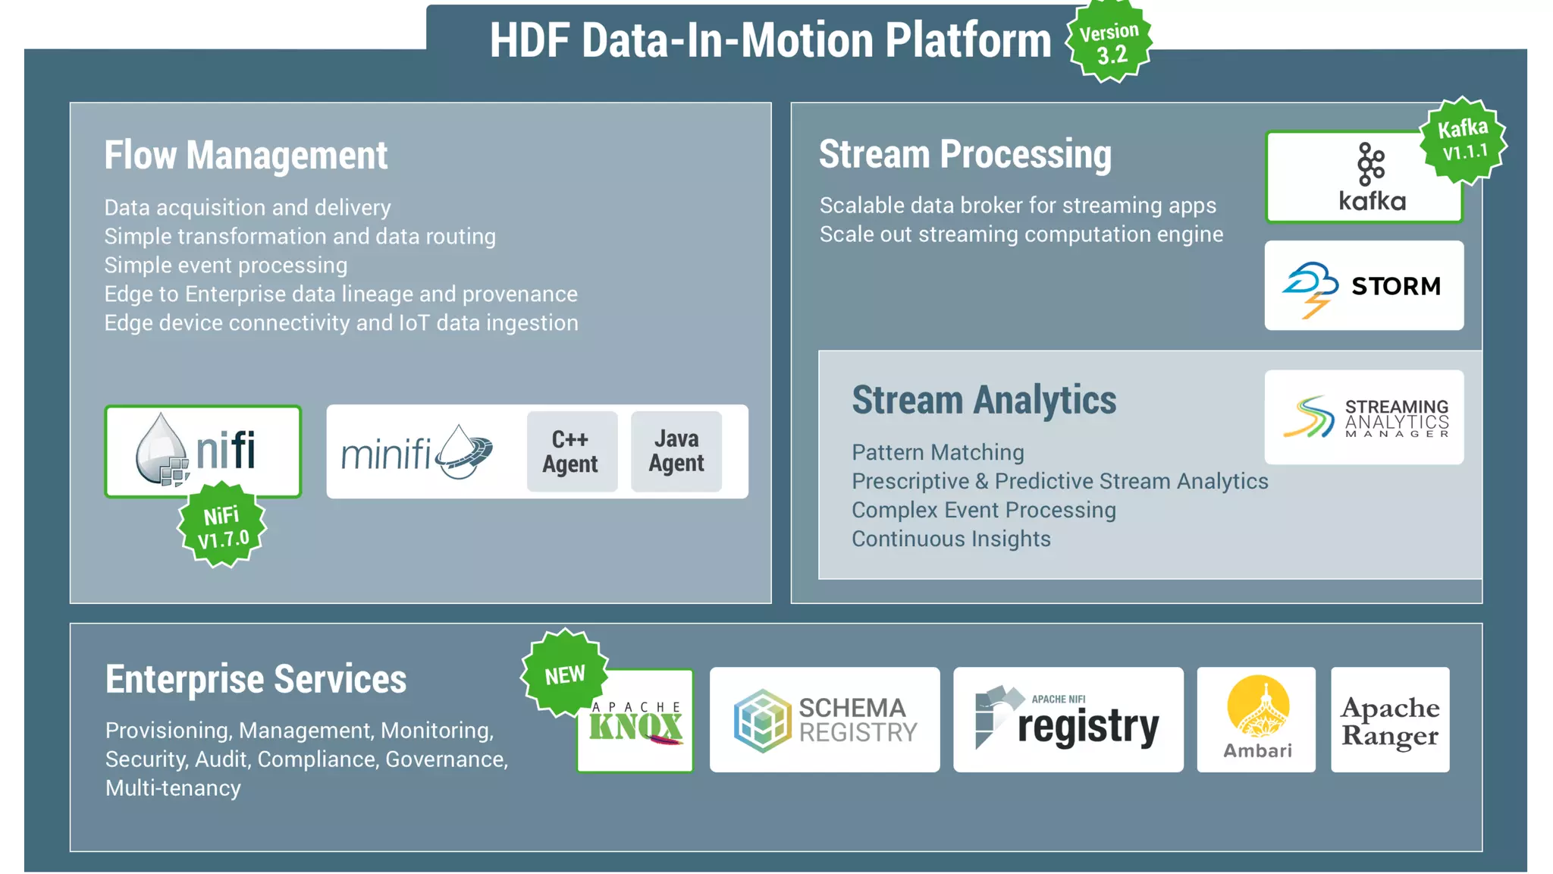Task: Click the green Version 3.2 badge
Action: (x=1109, y=42)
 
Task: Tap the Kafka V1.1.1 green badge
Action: (x=1463, y=141)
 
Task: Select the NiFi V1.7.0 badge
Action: (x=222, y=526)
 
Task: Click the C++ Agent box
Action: (x=571, y=451)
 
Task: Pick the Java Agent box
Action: (x=676, y=451)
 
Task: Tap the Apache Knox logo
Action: (x=635, y=723)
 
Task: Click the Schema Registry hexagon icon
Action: (x=761, y=720)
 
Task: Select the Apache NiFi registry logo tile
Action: (x=1068, y=720)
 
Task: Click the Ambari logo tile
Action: (x=1256, y=720)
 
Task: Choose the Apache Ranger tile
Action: (x=1389, y=720)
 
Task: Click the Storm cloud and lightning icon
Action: (x=1310, y=289)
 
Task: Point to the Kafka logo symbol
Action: (x=1370, y=164)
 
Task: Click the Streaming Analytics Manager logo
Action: (x=1363, y=417)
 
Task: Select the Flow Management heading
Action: (x=246, y=156)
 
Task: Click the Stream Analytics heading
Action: (x=984, y=400)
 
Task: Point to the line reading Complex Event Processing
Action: (x=984, y=510)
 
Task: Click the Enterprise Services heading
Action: (x=256, y=679)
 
